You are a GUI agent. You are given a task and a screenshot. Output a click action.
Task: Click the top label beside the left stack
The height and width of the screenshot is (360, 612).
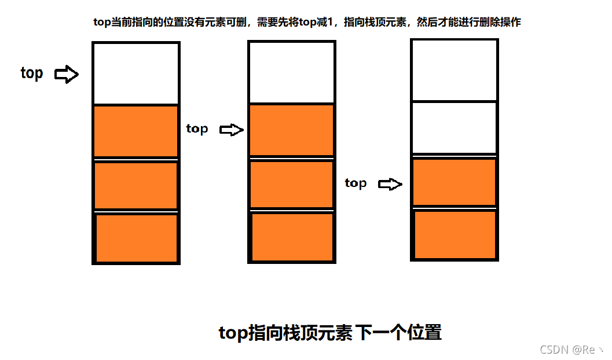(32, 74)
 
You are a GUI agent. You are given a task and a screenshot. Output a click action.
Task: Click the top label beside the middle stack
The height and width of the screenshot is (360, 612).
(197, 128)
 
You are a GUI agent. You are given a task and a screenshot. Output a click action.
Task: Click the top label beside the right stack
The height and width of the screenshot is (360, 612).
(356, 183)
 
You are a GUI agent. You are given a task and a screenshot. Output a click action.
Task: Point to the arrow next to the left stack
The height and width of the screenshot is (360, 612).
(67, 74)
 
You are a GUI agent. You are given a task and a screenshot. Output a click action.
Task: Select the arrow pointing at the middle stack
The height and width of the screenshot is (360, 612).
(232, 130)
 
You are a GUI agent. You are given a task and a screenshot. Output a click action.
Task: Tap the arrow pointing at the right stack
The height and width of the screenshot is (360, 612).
(390, 185)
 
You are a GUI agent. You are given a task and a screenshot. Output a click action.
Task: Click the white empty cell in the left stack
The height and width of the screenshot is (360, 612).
(135, 74)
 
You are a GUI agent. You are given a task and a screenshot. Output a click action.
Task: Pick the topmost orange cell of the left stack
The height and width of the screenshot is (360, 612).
(135, 131)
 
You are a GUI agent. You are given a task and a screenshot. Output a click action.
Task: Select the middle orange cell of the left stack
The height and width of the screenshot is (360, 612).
(135, 185)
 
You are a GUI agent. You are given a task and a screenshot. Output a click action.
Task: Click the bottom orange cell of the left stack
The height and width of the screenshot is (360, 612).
(137, 237)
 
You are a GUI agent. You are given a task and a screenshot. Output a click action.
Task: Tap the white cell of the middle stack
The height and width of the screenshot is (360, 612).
(292, 72)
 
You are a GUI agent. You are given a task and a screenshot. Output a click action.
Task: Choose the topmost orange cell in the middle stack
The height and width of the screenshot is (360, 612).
(292, 130)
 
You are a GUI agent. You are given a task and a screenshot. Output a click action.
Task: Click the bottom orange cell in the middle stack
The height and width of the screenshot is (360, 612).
(293, 237)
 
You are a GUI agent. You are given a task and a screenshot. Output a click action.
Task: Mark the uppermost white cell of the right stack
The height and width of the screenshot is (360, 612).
(454, 69)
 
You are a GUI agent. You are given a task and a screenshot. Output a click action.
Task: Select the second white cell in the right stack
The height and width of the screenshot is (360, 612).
(454, 127)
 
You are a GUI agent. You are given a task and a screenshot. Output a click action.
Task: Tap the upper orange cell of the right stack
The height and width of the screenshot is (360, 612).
(454, 182)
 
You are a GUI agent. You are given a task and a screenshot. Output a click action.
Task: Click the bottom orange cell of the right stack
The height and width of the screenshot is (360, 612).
(455, 234)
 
